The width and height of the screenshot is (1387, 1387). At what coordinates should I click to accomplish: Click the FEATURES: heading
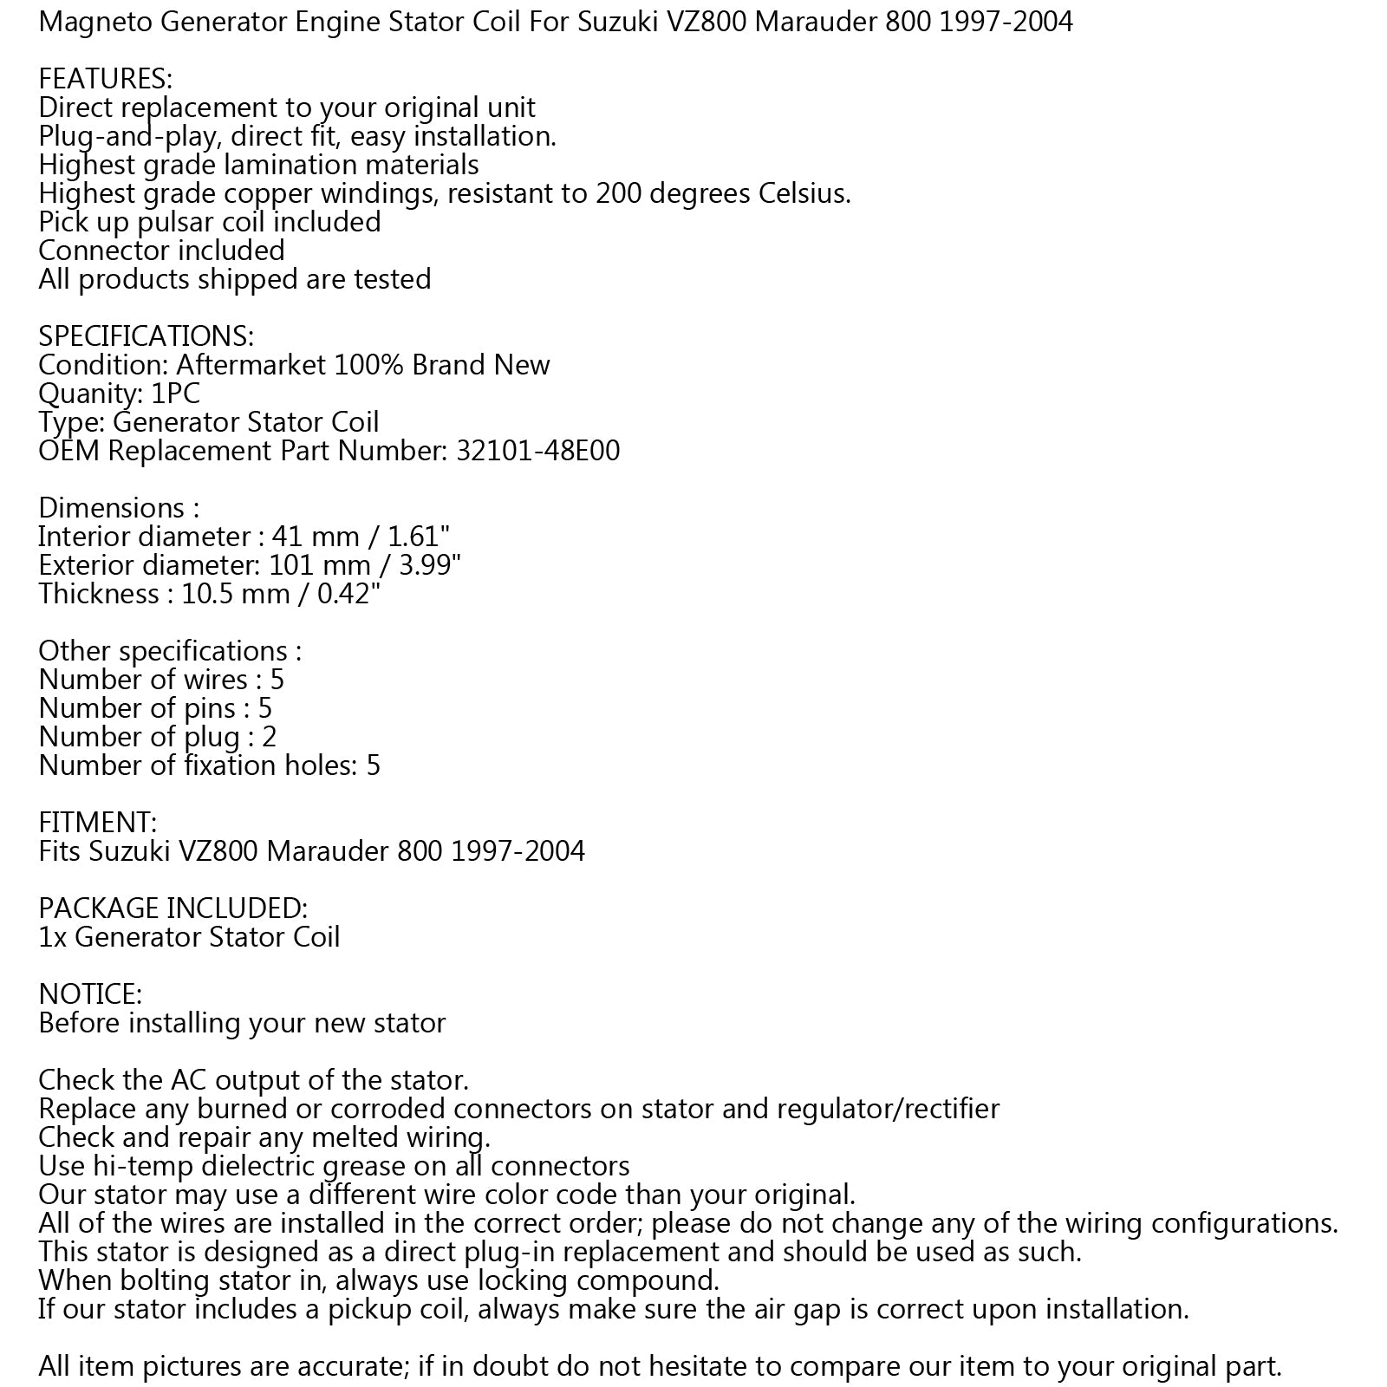click(105, 79)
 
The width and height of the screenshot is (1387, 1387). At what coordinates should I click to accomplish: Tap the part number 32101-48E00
click(537, 451)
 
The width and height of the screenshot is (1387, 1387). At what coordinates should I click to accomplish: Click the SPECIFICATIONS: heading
click(146, 336)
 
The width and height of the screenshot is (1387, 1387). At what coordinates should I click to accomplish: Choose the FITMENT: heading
click(97, 823)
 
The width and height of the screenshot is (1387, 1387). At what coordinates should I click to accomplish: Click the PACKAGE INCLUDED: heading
click(173, 908)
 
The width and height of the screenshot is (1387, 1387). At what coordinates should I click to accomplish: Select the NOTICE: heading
click(90, 994)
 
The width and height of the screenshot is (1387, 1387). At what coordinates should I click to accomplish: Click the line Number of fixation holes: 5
click(209, 765)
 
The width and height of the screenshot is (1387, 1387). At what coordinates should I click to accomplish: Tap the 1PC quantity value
click(175, 394)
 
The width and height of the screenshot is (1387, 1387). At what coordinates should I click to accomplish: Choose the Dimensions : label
click(119, 508)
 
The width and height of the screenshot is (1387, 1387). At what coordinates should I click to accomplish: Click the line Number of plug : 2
click(157, 737)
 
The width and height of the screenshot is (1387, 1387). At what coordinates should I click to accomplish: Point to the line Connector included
click(161, 251)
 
